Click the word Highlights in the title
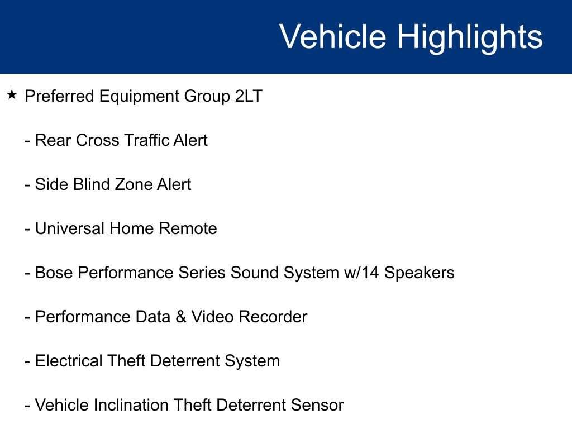pos(470,37)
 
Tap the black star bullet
pos(12,95)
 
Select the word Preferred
pos(59,96)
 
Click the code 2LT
pos(249,96)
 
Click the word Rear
pos(53,140)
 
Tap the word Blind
pos(94,184)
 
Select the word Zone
pos(136,184)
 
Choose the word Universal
pos(70,228)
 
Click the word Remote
pos(188,228)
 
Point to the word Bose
pos(54,273)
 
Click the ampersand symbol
pos(181,317)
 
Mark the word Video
pos(212,317)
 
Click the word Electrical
pos(69,361)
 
